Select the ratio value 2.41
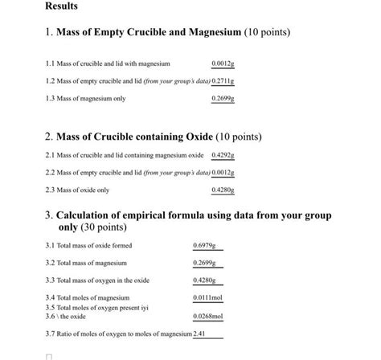(200, 333)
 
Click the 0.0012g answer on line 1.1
(222, 63)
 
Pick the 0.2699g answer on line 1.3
(222, 99)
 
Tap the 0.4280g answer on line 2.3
(223, 190)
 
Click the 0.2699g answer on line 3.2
(205, 263)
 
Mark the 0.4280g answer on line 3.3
(205, 280)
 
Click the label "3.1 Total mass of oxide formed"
(89, 245)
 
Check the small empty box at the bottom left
(49, 355)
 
